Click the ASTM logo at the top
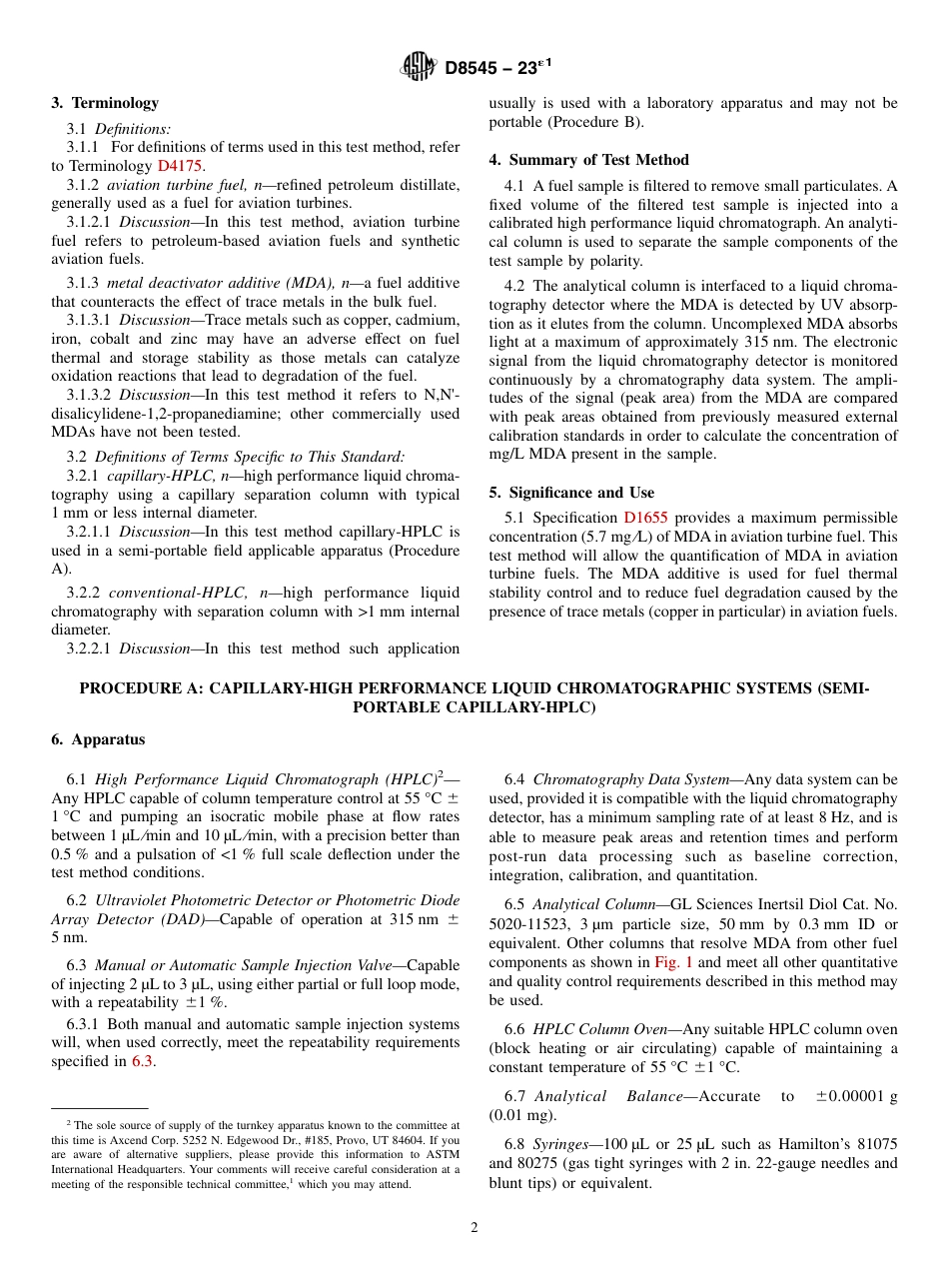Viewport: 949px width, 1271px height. click(x=418, y=68)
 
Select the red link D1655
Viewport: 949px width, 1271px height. click(x=645, y=518)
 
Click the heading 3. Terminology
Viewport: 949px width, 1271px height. click(x=105, y=103)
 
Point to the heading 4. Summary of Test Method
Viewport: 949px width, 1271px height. click(x=588, y=160)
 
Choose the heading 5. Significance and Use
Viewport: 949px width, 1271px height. click(x=571, y=493)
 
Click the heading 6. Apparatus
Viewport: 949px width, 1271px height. click(x=98, y=739)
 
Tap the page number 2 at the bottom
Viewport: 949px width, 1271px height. click(x=474, y=1228)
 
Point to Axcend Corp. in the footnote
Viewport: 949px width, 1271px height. click(x=290, y=1139)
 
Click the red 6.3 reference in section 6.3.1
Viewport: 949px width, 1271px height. click(x=143, y=1061)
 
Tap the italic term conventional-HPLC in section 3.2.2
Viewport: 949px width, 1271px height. click(x=176, y=593)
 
